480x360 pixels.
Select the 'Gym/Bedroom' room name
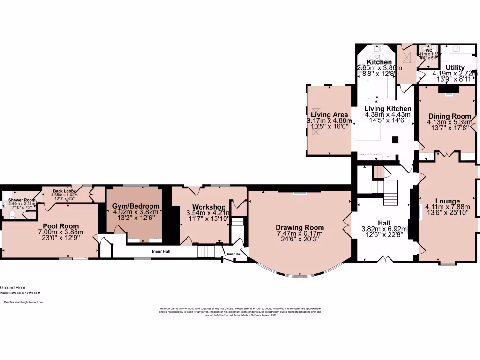coord(136,206)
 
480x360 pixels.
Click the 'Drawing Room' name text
coord(300,228)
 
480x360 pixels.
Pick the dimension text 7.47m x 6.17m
coord(300,234)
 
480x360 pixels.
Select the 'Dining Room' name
coord(449,116)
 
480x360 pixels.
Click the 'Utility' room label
coord(455,67)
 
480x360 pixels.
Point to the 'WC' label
coord(428,49)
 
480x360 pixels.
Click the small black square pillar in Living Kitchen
coord(395,140)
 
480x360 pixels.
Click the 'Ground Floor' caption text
coord(13,288)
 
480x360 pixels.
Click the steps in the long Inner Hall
coord(205,252)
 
